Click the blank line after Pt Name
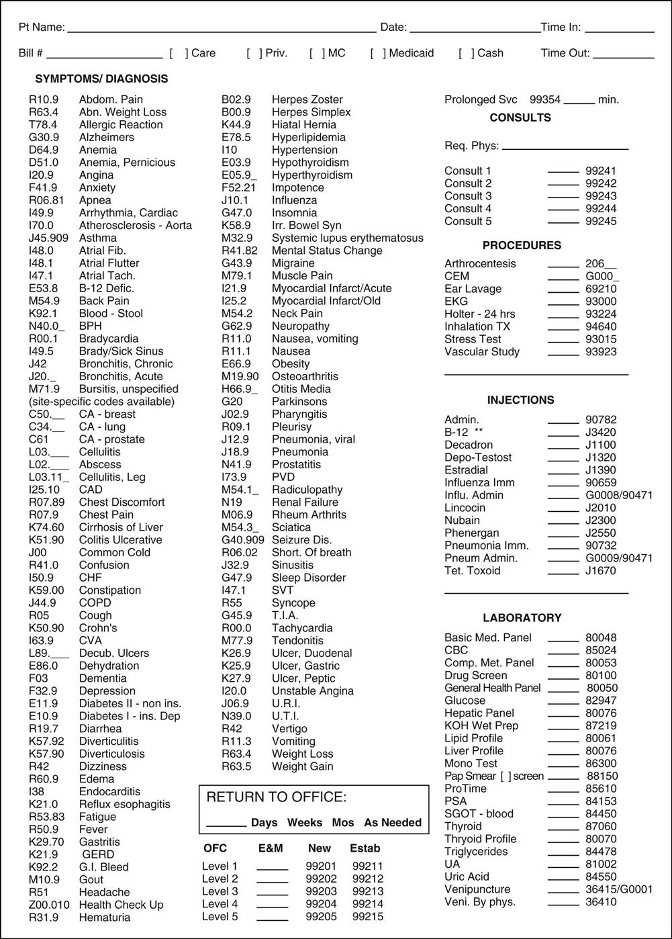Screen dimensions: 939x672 point(222,28)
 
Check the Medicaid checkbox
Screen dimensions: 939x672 point(377,53)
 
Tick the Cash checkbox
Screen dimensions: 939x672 point(466,53)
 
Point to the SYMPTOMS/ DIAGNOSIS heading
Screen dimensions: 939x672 point(101,79)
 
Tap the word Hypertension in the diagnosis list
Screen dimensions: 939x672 point(305,150)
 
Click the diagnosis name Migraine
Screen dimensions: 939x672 point(293,263)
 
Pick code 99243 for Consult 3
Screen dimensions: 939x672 point(601,196)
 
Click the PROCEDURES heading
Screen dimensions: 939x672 point(522,245)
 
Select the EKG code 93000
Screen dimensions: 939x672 point(601,302)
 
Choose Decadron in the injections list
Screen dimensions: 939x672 point(469,445)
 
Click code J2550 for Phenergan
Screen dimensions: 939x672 point(601,533)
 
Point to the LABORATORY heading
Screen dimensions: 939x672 point(522,618)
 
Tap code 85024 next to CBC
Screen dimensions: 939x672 point(601,650)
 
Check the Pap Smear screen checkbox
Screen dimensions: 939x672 point(506,776)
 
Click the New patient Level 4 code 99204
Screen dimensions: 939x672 point(321,904)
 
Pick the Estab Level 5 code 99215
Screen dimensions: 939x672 point(368,917)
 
